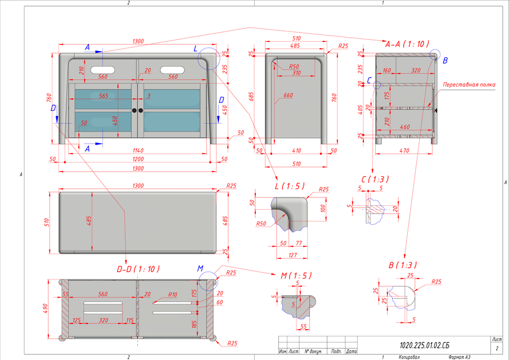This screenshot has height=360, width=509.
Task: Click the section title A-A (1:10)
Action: (407, 43)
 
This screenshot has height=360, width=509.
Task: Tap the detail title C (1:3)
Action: (375, 179)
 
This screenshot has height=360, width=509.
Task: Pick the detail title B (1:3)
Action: (403, 264)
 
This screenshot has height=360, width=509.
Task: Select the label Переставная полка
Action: (469, 85)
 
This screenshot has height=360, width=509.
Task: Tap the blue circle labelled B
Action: (435, 55)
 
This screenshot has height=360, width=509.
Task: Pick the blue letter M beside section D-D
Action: (201, 269)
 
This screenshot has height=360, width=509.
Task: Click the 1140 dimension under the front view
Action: (138, 150)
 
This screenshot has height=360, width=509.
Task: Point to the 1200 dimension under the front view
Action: (138, 159)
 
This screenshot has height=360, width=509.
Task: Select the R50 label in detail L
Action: (261, 224)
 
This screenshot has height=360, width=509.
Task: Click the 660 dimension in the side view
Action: (288, 96)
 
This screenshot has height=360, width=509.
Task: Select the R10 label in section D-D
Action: (173, 295)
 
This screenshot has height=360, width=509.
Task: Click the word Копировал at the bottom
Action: (410, 357)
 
